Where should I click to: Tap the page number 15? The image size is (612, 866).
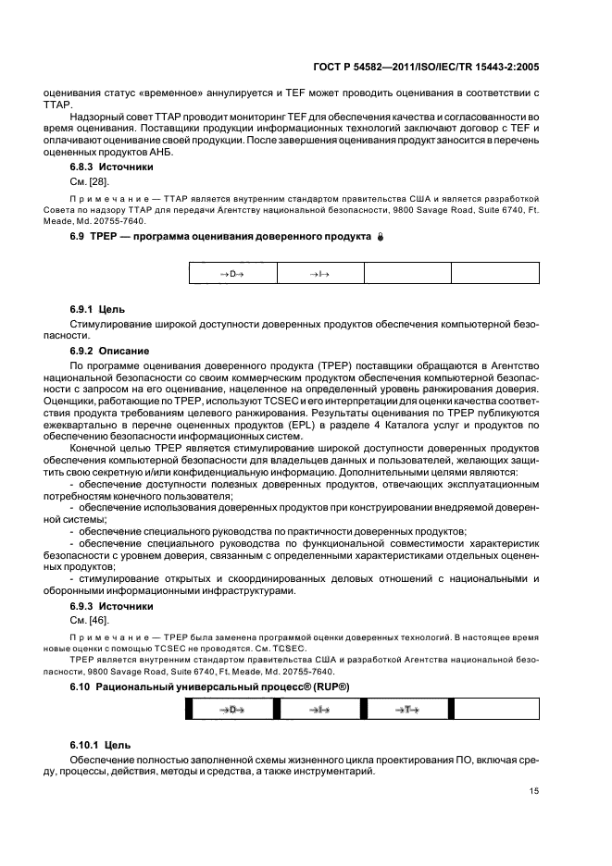[x=534, y=790]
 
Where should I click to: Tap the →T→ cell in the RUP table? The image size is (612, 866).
[x=406, y=709]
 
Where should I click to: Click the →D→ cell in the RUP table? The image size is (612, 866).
[x=231, y=709]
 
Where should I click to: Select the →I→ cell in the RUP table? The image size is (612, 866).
[x=319, y=709]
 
